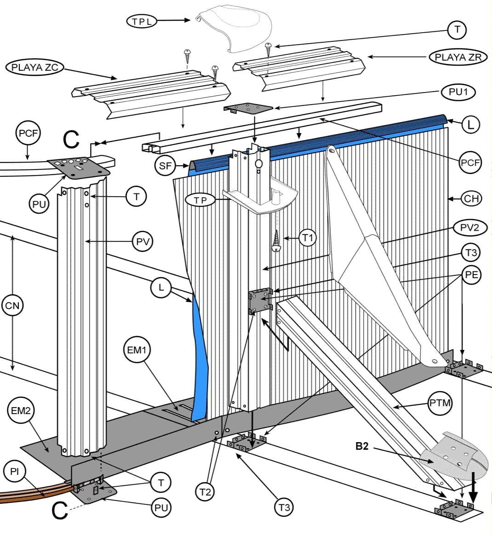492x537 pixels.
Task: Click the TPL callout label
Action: click(142, 21)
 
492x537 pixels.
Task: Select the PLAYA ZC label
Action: click(34, 67)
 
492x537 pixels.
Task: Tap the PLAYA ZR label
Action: click(458, 57)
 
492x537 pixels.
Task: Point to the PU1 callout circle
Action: click(458, 92)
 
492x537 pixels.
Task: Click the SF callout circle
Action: click(166, 166)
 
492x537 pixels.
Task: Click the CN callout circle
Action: click(13, 305)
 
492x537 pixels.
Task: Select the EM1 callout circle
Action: click(137, 350)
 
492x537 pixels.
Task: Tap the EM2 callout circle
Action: click(21, 410)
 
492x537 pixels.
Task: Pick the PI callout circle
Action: click(15, 473)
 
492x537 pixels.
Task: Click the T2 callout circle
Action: click(205, 492)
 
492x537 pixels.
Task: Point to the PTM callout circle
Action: click(440, 404)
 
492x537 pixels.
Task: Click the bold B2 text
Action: click(362, 446)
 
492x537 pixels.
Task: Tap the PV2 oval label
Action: click(469, 228)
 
